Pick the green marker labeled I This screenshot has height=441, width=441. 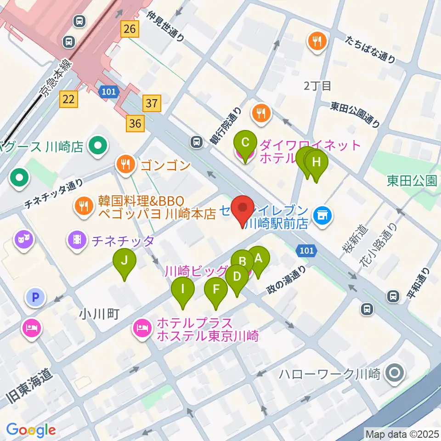pos(183,290)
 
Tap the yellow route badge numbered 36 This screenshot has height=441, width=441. pos(135,123)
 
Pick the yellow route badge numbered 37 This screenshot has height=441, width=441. pos(152,104)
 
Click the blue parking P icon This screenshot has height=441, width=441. pos(35,298)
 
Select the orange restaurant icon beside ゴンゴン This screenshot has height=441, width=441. pos(125,164)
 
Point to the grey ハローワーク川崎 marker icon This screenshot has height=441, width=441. pos(395,373)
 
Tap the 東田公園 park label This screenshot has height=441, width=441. pos(412,181)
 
